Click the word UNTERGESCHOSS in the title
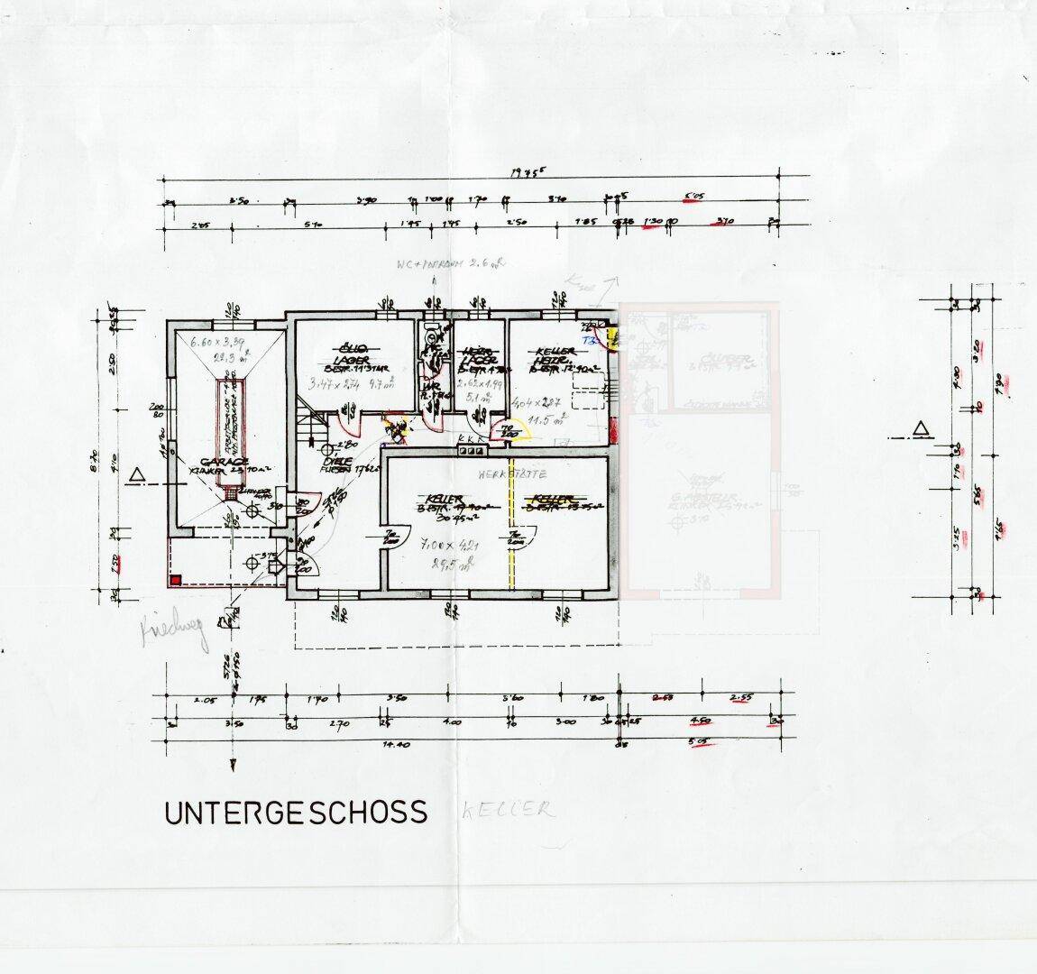(295, 812)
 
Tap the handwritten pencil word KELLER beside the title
(508, 810)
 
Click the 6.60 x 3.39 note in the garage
(208, 343)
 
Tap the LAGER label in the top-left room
(348, 357)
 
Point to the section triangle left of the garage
(137, 474)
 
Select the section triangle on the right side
(920, 427)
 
